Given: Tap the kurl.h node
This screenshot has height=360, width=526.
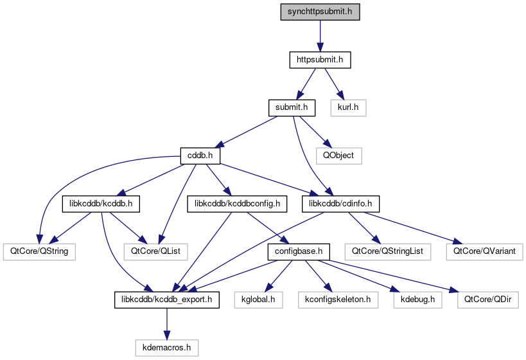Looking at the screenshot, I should [x=347, y=107].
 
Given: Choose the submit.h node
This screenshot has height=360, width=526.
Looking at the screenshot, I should [x=292, y=107].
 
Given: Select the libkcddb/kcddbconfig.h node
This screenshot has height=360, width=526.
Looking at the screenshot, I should [x=234, y=204].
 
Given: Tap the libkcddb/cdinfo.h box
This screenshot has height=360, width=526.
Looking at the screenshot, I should [x=341, y=204].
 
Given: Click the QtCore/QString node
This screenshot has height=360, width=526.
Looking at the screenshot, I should [x=39, y=251].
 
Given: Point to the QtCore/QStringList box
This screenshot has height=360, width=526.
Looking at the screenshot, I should [x=387, y=251].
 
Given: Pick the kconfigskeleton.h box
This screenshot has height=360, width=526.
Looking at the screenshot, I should [x=338, y=299].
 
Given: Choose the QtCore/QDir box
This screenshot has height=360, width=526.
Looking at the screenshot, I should [x=481, y=299].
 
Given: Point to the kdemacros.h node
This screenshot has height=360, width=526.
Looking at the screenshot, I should [x=166, y=347].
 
